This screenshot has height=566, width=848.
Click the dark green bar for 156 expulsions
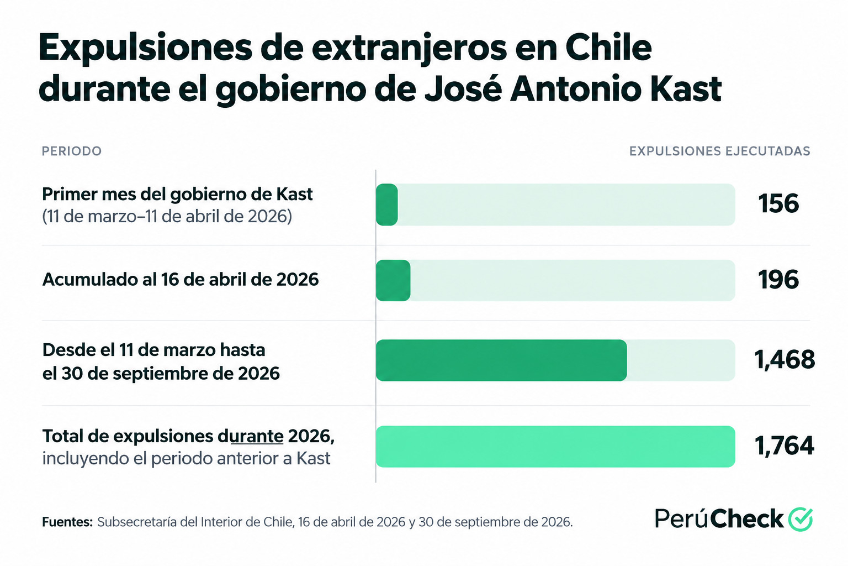pos(386,205)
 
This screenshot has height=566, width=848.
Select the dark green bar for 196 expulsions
pos(393,281)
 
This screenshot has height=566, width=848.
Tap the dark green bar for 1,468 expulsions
pos(501,360)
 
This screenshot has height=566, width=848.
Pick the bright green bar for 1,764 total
pos(555,447)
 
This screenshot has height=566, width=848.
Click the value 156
pos(778,203)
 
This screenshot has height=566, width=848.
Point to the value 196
pos(778,280)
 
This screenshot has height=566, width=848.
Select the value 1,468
pos(785,359)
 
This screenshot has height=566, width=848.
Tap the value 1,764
pos(785,446)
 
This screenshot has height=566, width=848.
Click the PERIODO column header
pos(72,151)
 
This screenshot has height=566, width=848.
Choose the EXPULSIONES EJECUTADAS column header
pos(720,151)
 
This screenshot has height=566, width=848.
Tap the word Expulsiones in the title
pos(145,49)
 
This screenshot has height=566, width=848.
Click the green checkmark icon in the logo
pos(801,518)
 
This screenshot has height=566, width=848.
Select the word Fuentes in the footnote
pos(67,522)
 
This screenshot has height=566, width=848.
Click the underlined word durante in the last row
pos(251,436)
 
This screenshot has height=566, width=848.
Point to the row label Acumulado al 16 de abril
pos(180,280)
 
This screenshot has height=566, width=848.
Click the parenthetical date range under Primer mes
pos(167,217)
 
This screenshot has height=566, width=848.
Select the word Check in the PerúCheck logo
pos(746,518)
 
